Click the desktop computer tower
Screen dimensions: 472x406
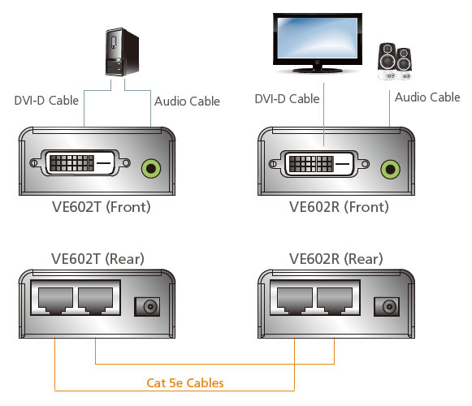coord(122,52)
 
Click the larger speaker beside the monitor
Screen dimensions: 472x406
coord(388,62)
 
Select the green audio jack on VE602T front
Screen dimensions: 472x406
coord(151,168)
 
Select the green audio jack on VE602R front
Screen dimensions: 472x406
coord(391,169)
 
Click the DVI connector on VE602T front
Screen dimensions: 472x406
coord(80,163)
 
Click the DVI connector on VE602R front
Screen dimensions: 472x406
coord(319,164)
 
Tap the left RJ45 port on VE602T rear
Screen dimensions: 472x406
coord(56,300)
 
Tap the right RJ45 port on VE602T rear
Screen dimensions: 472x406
coord(95,300)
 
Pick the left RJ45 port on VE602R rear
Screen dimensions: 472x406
coord(295,300)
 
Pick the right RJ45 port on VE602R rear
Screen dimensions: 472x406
coord(335,300)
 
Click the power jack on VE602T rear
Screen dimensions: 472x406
coord(147,307)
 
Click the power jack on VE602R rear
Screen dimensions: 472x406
coord(387,307)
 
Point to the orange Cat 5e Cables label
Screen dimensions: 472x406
coord(185,382)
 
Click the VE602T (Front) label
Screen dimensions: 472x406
coord(101,207)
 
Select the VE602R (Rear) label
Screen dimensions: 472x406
coord(336,259)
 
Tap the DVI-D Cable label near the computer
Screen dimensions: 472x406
coord(46,101)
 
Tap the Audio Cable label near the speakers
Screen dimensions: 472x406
coord(427,97)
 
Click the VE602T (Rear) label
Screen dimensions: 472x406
coord(97,259)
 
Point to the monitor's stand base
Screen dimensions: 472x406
coord(318,71)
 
